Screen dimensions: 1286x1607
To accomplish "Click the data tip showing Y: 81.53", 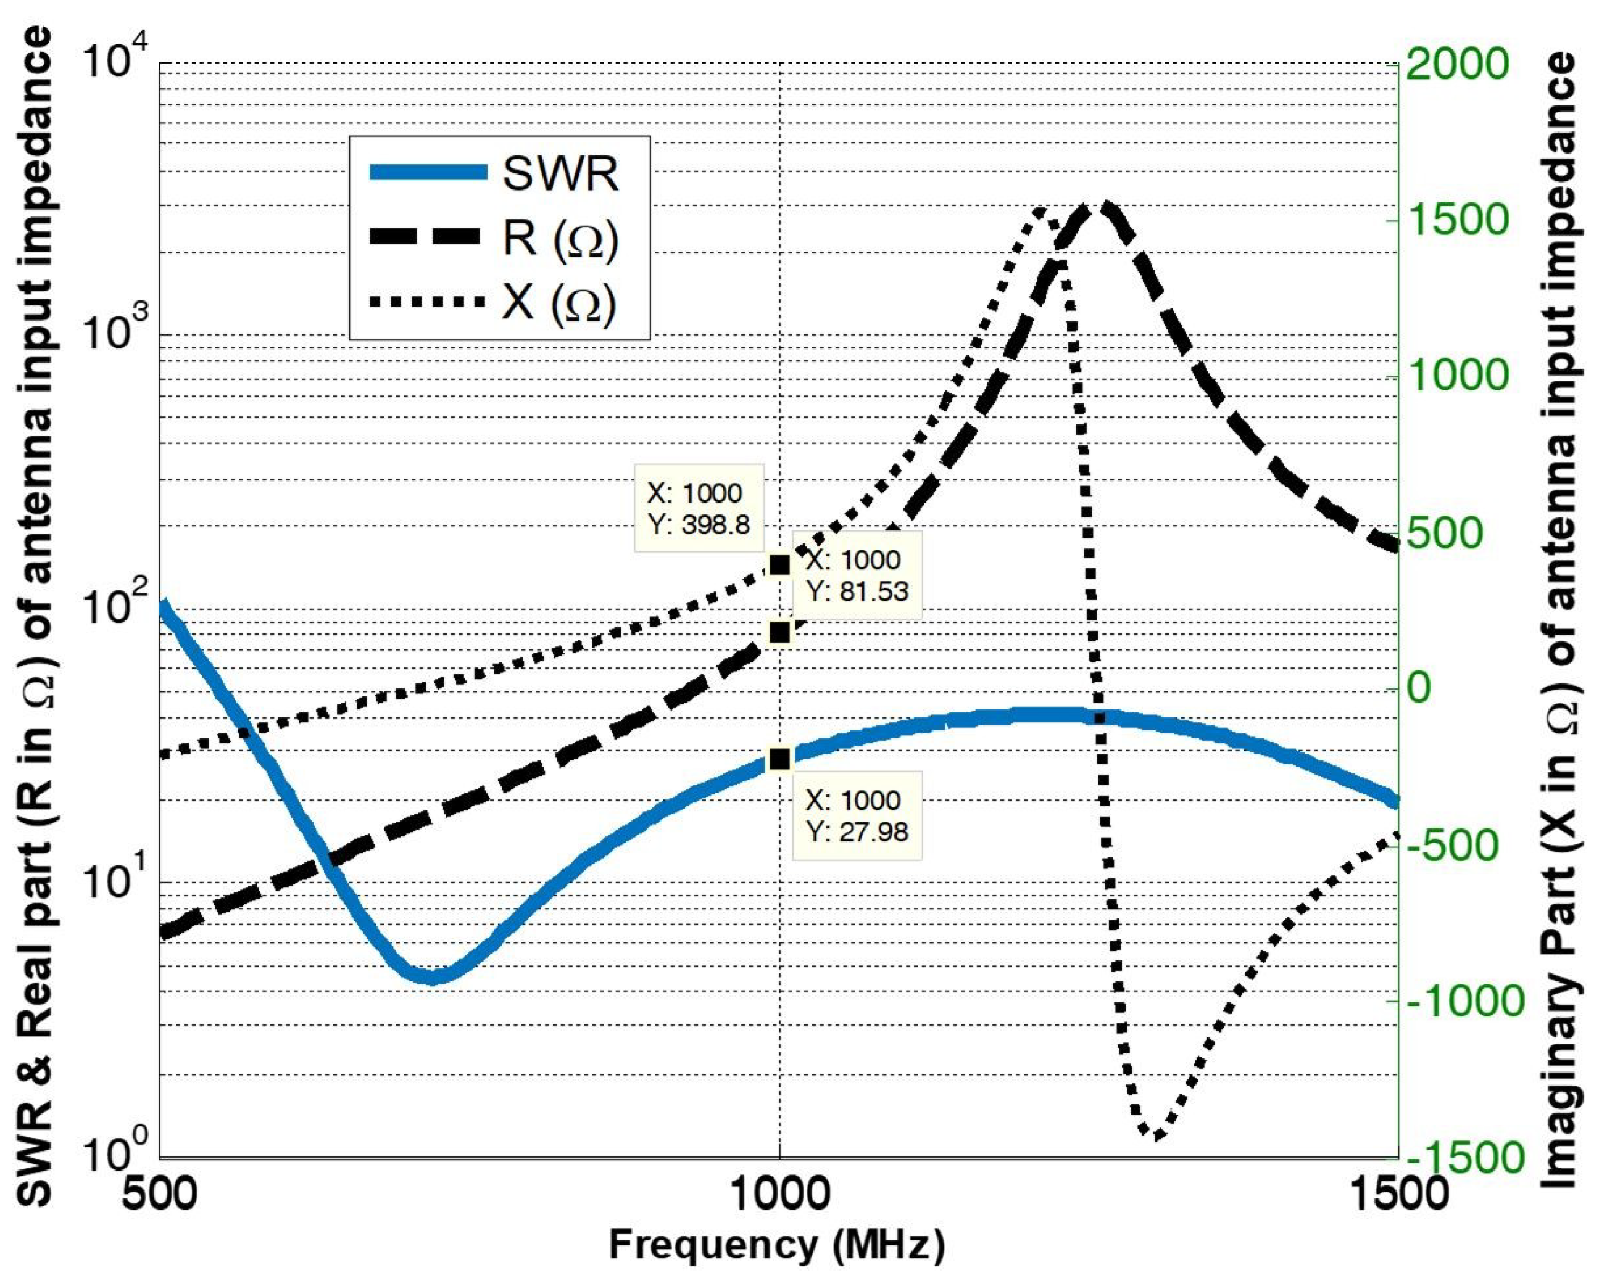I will [857, 575].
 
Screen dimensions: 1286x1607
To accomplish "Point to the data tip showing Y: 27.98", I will [857, 815].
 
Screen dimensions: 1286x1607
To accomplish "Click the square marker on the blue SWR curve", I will [779, 759].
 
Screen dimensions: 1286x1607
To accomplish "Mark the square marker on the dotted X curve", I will [779, 565].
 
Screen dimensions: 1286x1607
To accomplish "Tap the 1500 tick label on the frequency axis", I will [1398, 1193].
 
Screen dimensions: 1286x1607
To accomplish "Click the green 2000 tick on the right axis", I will [1457, 65].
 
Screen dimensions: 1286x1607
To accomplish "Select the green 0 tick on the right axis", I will [1420, 688].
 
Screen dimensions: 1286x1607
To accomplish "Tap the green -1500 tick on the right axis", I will [1453, 1158].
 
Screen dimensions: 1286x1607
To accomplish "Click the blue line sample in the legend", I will [428, 173].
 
